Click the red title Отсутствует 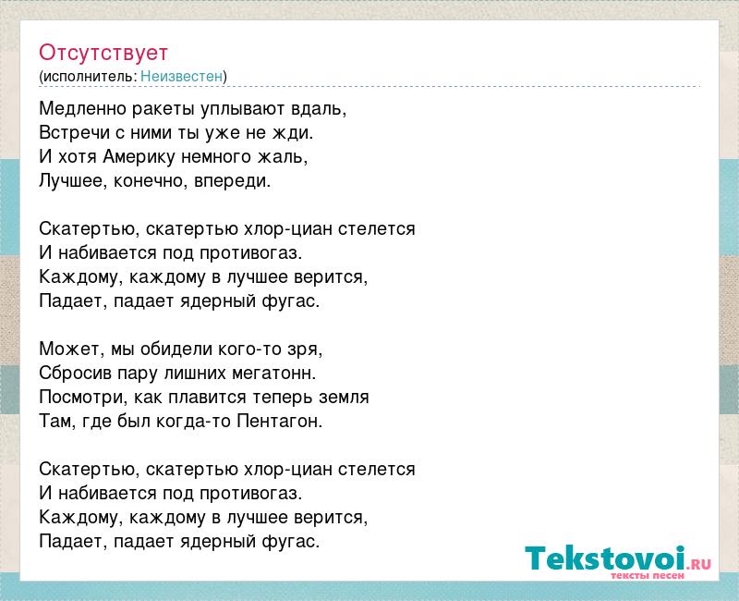[103, 53]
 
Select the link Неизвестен [181, 77]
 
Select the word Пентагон [279, 421]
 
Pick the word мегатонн [273, 374]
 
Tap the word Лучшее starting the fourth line [74, 181]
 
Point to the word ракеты [164, 110]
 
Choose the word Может [72, 350]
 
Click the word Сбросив [76, 374]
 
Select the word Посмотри [83, 398]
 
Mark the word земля [344, 398]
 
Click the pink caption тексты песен [648, 575]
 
